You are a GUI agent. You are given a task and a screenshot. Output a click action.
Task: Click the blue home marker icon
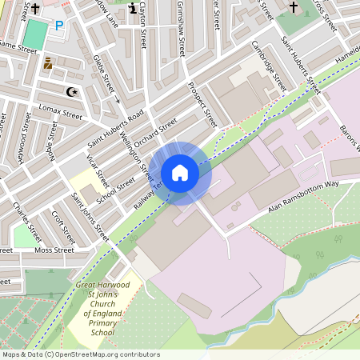tap(180, 173)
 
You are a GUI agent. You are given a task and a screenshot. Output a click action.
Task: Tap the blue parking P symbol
tap(58, 26)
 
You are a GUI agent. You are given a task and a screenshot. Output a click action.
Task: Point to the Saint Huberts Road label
tap(115, 130)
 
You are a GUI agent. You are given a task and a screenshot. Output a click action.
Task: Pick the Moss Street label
tap(54, 250)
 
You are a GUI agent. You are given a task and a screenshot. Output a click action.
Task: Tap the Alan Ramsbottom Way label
tap(304, 197)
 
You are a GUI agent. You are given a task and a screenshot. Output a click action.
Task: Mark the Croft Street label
tap(62, 227)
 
